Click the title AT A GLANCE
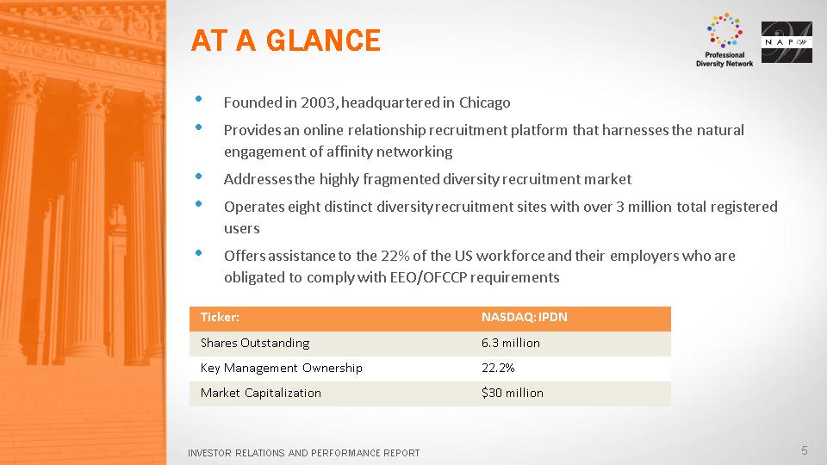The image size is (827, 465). point(285,40)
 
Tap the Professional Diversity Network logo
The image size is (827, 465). point(724,40)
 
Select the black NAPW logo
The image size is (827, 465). point(787,42)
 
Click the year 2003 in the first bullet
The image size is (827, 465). point(318,102)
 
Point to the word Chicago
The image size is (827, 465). point(484,102)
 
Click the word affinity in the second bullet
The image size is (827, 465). point(349,152)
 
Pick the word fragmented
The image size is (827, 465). point(398,180)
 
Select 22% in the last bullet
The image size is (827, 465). point(395,256)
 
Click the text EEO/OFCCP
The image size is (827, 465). point(428,277)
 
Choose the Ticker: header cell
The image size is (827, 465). point(220,318)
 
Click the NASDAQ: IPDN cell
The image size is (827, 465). point(525,318)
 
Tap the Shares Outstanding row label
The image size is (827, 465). point(255,344)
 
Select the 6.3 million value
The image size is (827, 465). point(511,344)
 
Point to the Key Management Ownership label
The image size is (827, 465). point(281,368)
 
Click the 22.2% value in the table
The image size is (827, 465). point(498,368)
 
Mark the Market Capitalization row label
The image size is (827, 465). point(260,394)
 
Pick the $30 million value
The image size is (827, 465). point(512,394)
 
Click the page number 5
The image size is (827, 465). point(805,450)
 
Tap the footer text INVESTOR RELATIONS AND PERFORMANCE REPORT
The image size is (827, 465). point(304,453)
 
